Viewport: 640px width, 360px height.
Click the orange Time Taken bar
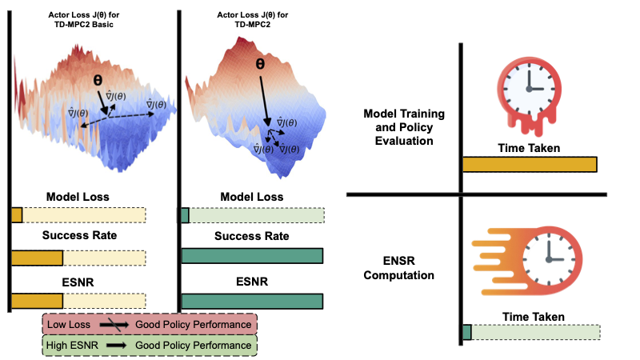[530, 164]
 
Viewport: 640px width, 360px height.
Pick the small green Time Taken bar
[467, 331]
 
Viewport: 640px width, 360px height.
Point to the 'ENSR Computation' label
[398, 268]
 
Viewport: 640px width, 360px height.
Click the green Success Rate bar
[252, 256]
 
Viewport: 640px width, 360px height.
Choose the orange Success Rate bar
[37, 257]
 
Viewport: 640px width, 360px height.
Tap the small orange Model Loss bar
[17, 215]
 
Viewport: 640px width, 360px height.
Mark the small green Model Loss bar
[185, 215]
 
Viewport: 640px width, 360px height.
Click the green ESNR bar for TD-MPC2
[252, 301]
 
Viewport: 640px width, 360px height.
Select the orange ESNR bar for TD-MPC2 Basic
[37, 301]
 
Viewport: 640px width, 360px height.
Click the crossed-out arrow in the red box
[112, 324]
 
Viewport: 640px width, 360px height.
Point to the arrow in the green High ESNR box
[113, 345]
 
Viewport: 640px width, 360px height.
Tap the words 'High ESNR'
[72, 345]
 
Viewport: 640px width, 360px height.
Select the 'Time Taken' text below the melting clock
[529, 148]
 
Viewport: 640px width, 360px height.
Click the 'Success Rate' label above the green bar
[252, 236]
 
